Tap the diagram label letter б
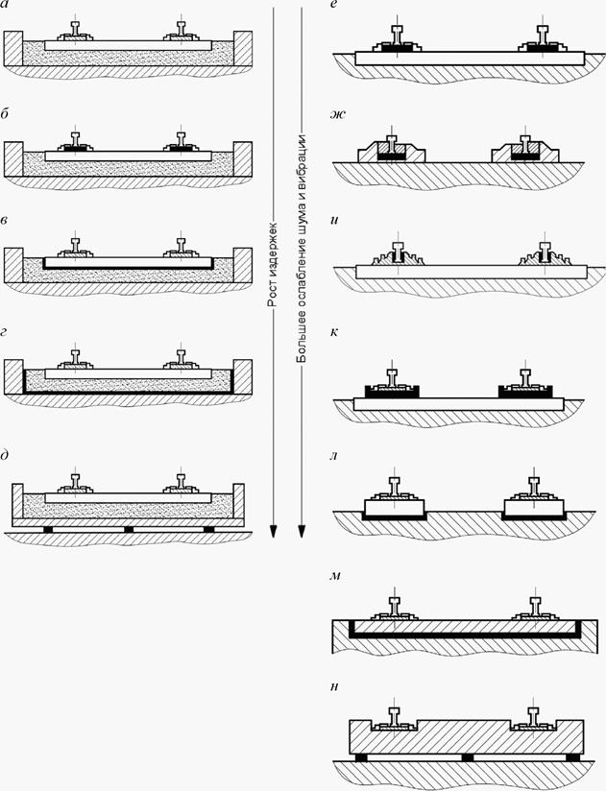point(4,114)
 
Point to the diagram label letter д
point(4,456)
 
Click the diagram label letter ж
point(337,114)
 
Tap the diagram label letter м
point(335,576)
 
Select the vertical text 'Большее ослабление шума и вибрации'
point(302,248)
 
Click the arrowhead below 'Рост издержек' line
point(273,532)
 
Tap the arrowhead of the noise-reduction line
point(302,532)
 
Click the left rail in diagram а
point(75,29)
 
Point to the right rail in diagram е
point(543,36)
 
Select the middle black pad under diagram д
point(129,530)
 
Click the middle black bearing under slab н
point(468,757)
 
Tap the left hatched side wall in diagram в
point(13,265)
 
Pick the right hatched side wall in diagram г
point(243,377)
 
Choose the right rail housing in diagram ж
point(524,152)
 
